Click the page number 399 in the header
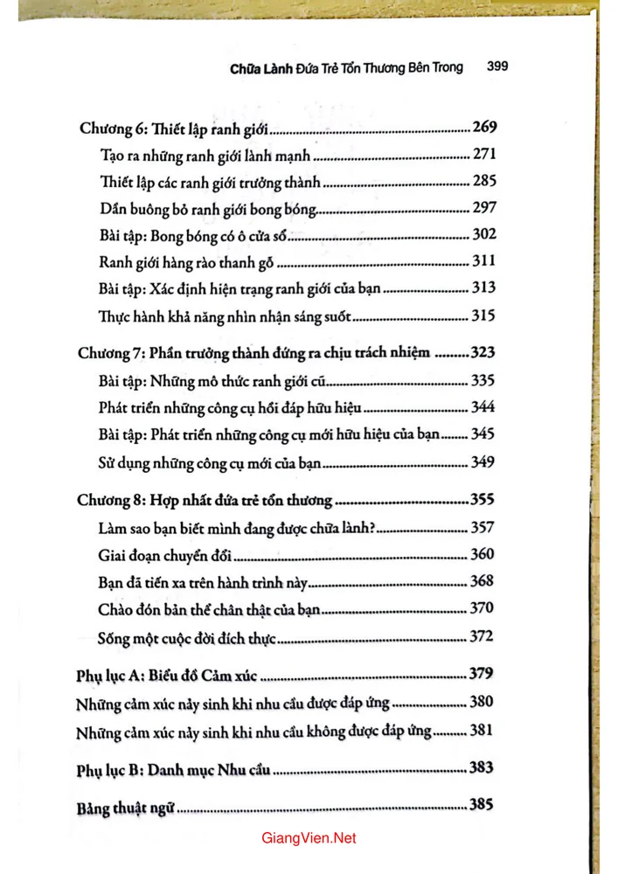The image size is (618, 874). pyautogui.click(x=496, y=66)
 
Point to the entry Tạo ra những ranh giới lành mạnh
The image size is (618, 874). pyautogui.click(x=201, y=156)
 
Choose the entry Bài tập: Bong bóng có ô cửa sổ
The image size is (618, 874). pyautogui.click(x=191, y=236)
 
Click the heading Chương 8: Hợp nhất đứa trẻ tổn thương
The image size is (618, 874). pyautogui.click(x=205, y=501)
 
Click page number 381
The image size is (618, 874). pyautogui.click(x=483, y=731)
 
